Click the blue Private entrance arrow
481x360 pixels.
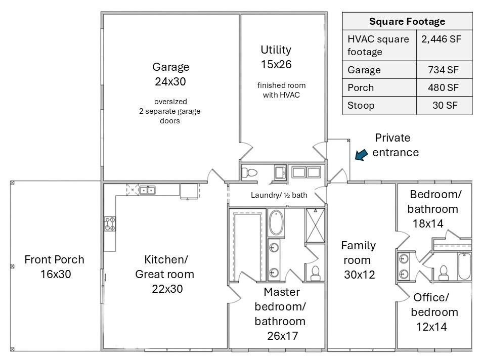[x=361, y=154]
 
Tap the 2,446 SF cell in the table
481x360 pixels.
[x=441, y=39]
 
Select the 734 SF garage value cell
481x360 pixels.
[x=443, y=70]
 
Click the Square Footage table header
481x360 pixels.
[x=407, y=21]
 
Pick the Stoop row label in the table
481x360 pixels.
[x=361, y=106]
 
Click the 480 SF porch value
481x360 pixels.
[x=443, y=87]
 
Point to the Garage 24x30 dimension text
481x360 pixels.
[x=170, y=81]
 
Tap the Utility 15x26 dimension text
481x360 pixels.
[x=276, y=64]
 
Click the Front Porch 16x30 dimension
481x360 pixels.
[x=56, y=274]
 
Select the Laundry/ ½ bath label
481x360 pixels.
[x=279, y=195]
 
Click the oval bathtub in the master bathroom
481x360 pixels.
[x=276, y=222]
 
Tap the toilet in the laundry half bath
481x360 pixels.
[x=249, y=172]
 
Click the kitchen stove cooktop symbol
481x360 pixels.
[x=110, y=223]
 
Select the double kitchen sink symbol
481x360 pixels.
[x=147, y=190]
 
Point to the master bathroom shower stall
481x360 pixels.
[x=315, y=226]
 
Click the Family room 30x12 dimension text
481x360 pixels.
[x=359, y=275]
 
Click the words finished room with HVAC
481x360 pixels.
[x=281, y=90]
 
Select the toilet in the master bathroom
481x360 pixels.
[x=315, y=273]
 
